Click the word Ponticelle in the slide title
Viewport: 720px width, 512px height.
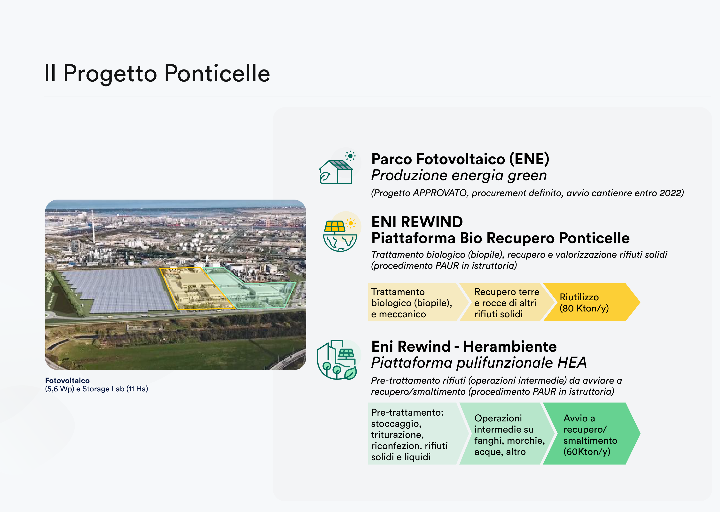(x=217, y=73)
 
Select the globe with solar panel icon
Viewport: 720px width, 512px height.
(x=340, y=234)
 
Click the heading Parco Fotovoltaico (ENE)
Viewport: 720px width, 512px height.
(x=460, y=159)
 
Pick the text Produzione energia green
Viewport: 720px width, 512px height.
(x=459, y=175)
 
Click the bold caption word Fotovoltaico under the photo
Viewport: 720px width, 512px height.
(x=67, y=380)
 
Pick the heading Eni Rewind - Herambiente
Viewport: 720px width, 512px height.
(x=464, y=347)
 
